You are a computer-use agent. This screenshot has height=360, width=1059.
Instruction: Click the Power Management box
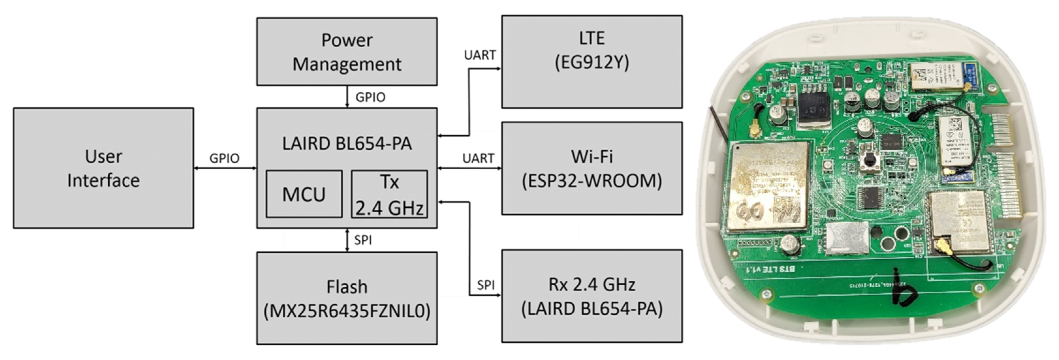click(x=347, y=52)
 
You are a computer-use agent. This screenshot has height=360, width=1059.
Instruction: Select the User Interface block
click(x=103, y=168)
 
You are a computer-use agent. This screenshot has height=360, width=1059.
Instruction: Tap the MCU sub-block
click(x=304, y=194)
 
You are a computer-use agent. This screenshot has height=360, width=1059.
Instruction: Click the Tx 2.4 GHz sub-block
click(x=389, y=194)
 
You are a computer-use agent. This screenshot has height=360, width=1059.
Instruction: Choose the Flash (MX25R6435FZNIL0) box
click(x=347, y=298)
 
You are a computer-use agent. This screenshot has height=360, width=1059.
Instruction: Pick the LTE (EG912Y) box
click(x=592, y=62)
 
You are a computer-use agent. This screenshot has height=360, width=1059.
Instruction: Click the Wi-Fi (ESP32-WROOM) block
click(x=592, y=168)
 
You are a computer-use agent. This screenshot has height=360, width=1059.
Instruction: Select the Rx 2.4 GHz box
click(x=592, y=296)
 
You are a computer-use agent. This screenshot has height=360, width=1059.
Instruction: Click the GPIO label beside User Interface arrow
click(x=224, y=158)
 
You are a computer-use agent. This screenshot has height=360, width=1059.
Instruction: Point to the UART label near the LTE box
click(x=479, y=55)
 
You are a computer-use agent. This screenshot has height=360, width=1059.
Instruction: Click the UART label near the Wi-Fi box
click(x=478, y=158)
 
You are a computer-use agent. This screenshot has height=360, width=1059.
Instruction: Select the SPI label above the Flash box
click(x=363, y=240)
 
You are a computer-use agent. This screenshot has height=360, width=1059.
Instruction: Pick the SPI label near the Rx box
click(x=486, y=285)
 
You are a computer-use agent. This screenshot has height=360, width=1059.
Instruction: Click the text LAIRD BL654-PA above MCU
click(x=347, y=143)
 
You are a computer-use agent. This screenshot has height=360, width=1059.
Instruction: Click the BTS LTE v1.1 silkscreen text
click(x=769, y=269)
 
